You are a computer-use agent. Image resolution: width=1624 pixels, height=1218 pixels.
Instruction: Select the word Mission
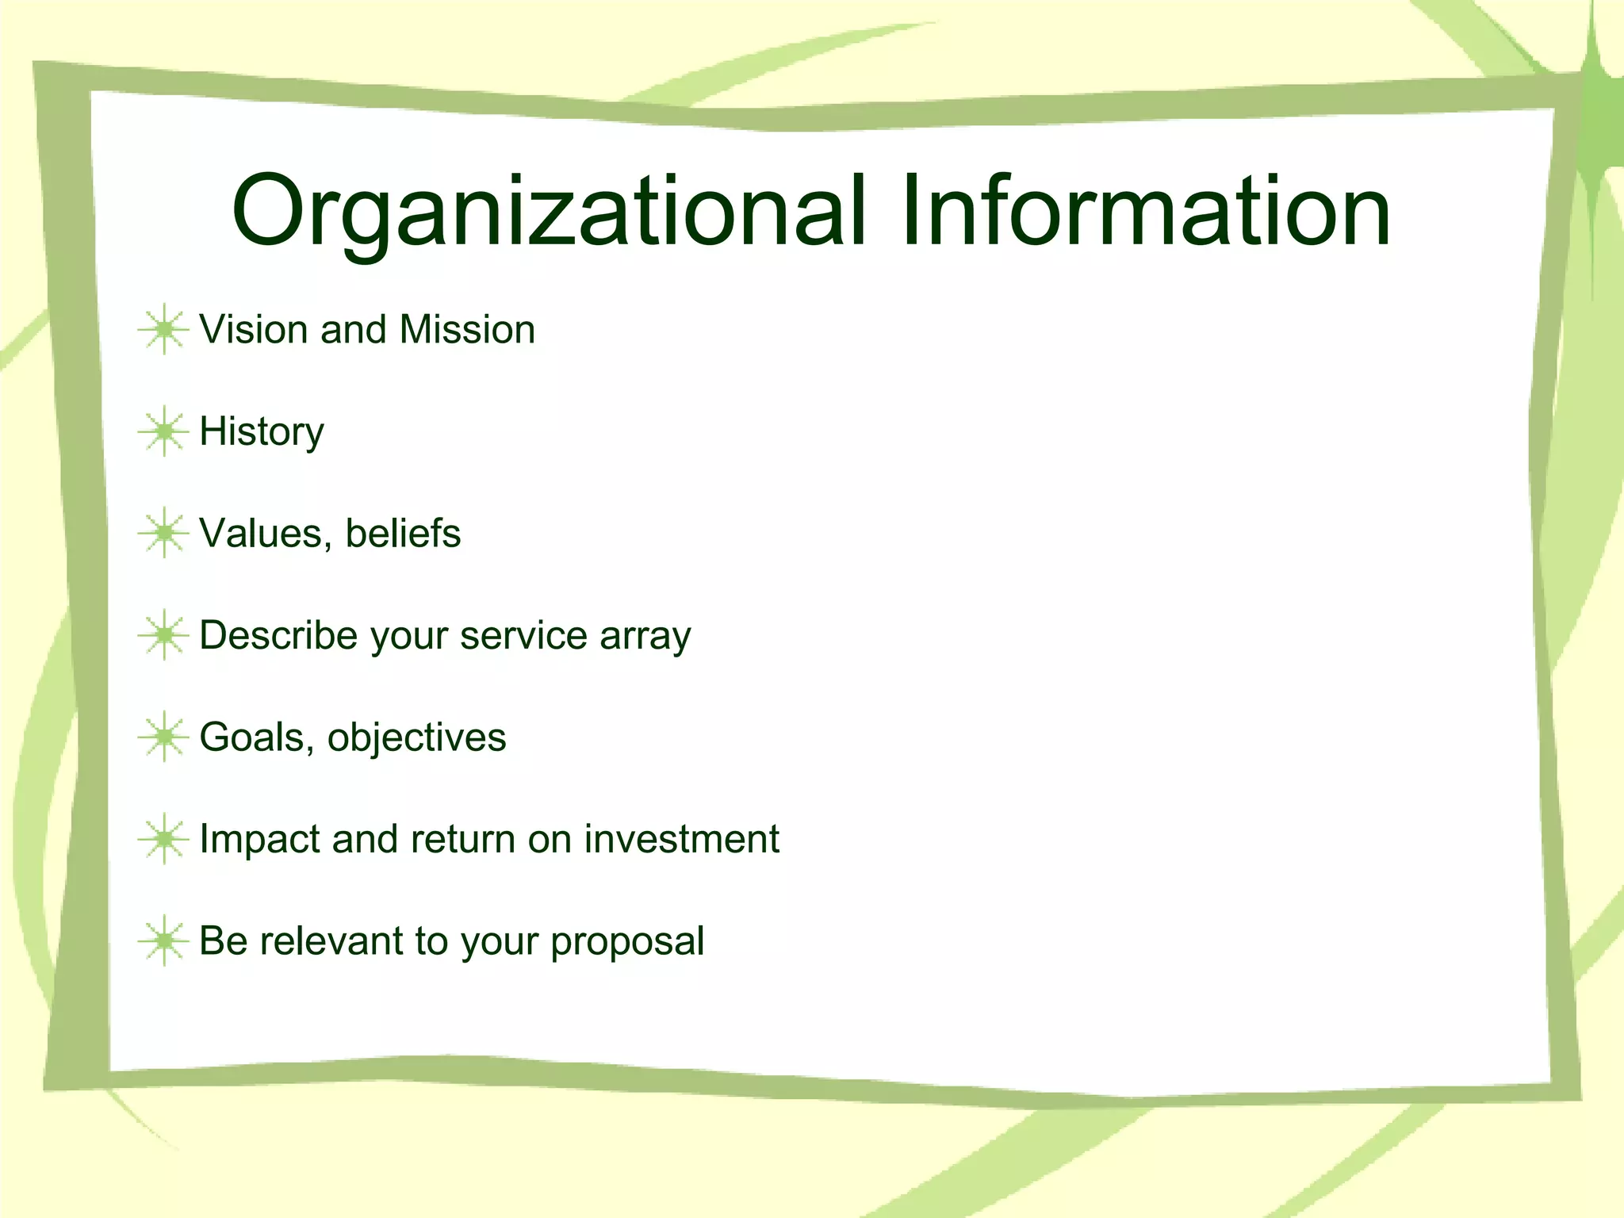467,329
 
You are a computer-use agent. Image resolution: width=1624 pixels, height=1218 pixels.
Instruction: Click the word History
262,433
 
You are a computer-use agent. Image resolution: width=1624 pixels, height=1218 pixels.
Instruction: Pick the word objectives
416,738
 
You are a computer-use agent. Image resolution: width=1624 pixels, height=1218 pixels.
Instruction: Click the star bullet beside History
163,431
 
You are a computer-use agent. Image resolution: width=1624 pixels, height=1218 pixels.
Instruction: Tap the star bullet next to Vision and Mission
163,329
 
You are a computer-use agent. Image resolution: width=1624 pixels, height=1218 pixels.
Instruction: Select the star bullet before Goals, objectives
163,737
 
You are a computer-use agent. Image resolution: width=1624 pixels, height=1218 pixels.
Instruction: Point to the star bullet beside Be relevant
163,940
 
